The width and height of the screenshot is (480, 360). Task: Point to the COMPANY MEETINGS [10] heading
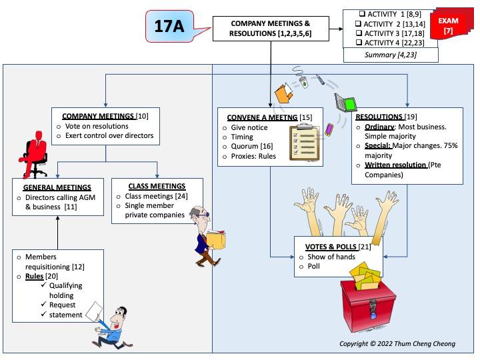105,116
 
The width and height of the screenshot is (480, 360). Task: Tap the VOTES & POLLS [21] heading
338,247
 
